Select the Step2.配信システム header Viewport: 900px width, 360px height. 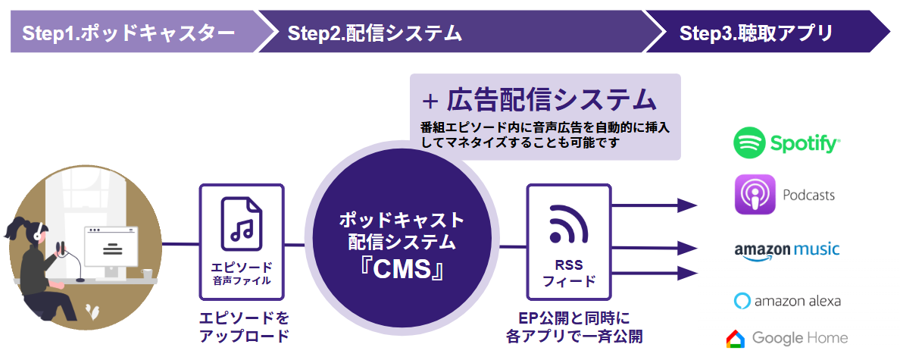[x=374, y=33]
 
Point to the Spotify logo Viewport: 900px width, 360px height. [x=786, y=142]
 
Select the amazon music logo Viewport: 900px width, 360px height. [x=786, y=251]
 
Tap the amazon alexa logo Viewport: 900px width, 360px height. [x=786, y=300]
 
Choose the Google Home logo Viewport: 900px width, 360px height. [x=786, y=338]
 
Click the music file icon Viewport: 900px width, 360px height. [x=242, y=220]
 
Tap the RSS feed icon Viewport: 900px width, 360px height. [x=569, y=222]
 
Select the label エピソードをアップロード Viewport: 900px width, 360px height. [x=243, y=327]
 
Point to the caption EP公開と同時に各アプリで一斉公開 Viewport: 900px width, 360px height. [x=567, y=327]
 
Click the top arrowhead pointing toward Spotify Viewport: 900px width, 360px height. [x=687, y=205]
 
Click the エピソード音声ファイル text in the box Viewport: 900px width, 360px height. [x=242, y=274]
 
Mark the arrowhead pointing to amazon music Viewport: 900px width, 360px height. [x=687, y=248]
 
